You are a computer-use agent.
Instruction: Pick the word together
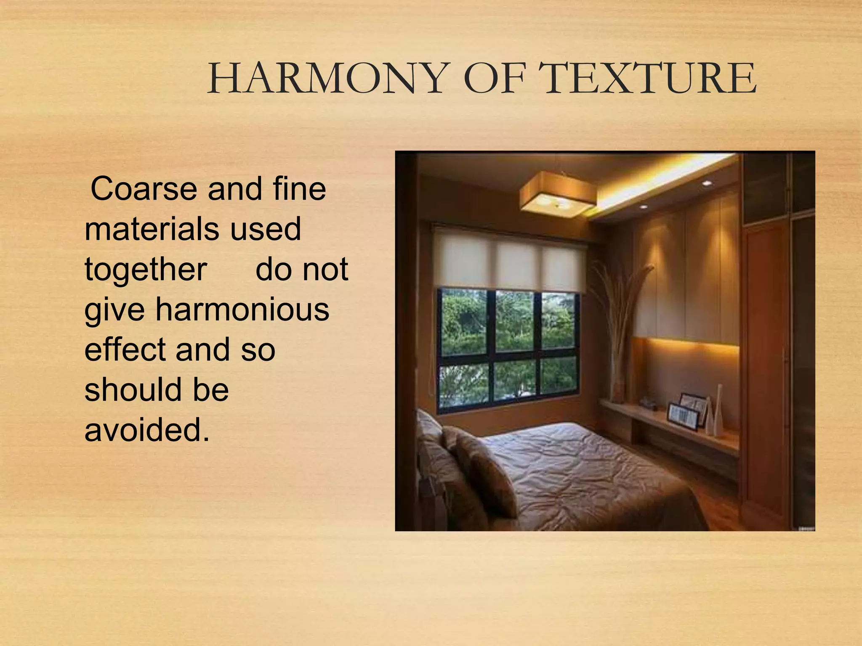[x=146, y=270]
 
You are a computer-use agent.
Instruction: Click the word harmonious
[x=242, y=310]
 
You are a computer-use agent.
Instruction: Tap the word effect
[x=125, y=350]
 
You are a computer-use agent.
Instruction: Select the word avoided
[x=147, y=430]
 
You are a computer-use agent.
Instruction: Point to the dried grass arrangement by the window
[x=619, y=320]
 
